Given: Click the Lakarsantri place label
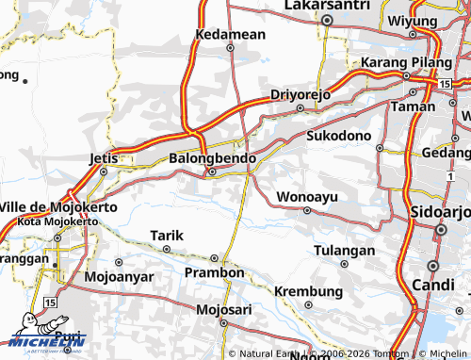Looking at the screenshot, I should [327, 6].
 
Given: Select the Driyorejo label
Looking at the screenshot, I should [300, 94].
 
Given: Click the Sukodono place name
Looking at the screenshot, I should [339, 136].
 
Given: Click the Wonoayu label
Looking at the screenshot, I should [306, 197].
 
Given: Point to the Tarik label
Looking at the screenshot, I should [167, 235].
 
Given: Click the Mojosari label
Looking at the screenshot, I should [225, 309].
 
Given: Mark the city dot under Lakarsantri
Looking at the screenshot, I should [327, 20].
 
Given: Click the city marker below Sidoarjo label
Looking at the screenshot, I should [440, 228].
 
